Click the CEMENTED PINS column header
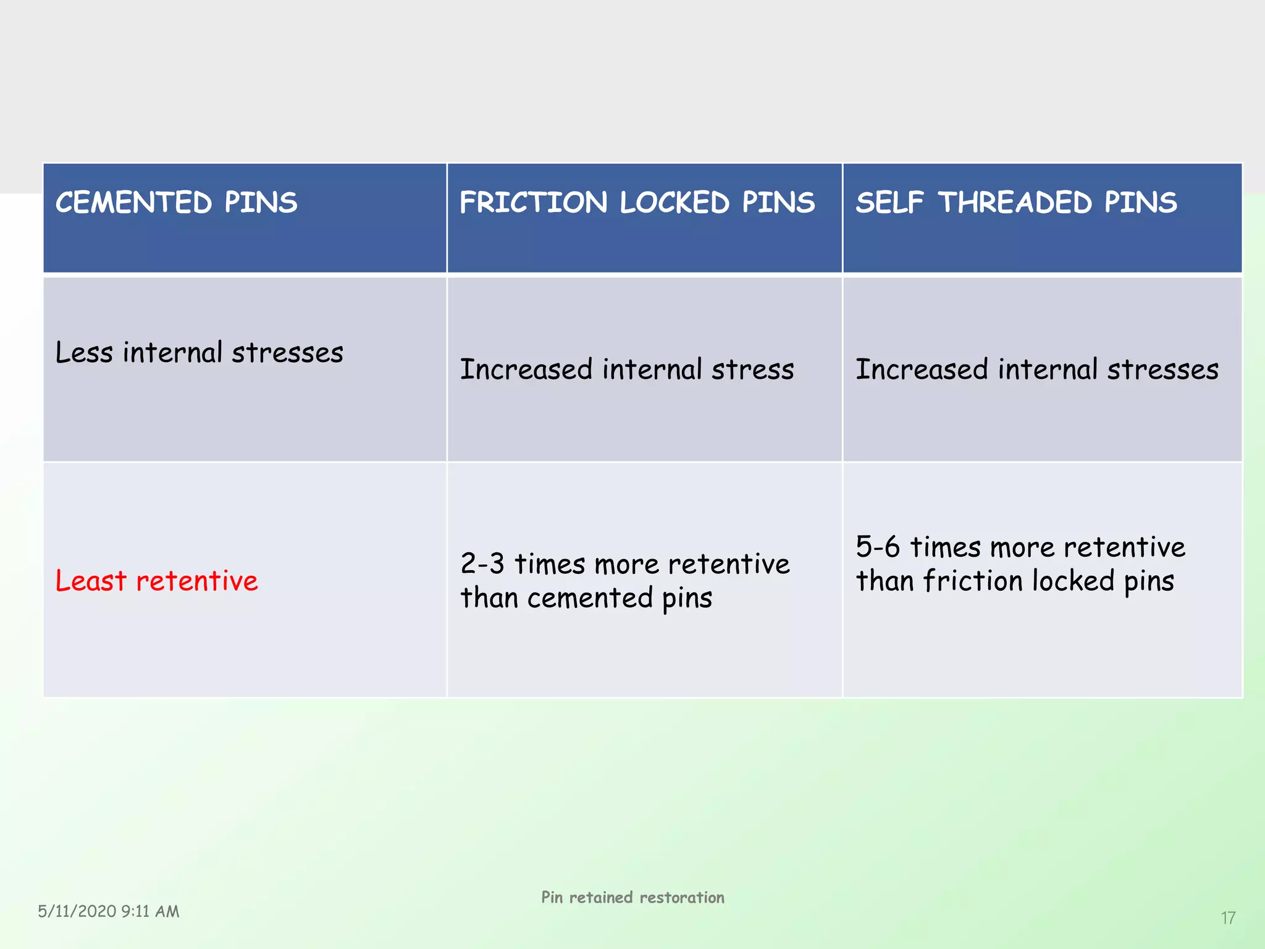pos(177,203)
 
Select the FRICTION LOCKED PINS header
pos(637,203)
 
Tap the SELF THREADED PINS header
pos(1016,203)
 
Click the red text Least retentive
pos(157,581)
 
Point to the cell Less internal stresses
pos(199,353)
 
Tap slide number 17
pos(1228,918)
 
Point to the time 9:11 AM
pos(150,911)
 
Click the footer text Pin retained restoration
pos(632,897)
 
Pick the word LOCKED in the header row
pos(675,203)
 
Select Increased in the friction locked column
pos(526,369)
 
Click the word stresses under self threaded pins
pos(1162,369)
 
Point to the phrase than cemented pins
pos(586,598)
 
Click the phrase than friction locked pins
pos(1014,581)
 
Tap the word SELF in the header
pos(889,203)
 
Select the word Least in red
pos(91,581)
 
